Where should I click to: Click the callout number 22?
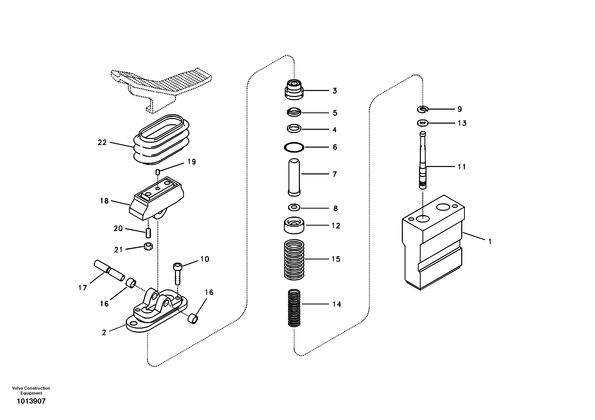point(102,142)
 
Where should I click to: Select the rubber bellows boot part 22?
point(161,141)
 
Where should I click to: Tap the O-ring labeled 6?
point(294,147)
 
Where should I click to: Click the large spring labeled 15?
point(294,259)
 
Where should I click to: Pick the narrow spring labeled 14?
point(294,308)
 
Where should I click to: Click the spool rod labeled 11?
point(423,161)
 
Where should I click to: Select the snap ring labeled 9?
point(423,109)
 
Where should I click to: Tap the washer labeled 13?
point(423,123)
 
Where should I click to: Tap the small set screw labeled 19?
point(158,172)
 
